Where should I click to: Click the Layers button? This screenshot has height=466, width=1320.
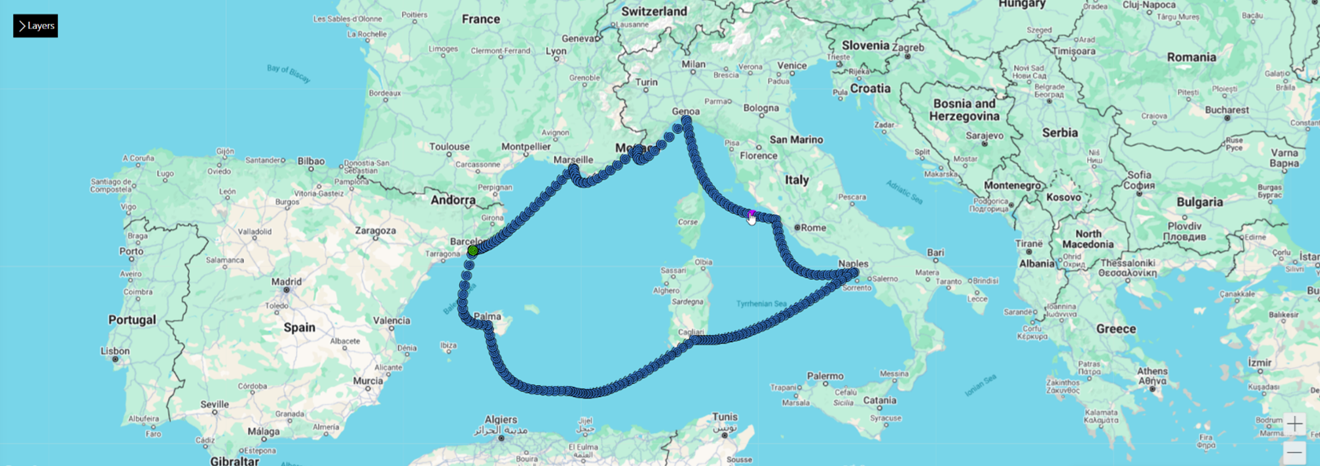tap(35, 26)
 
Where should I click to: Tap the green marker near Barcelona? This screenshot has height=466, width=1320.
tap(472, 250)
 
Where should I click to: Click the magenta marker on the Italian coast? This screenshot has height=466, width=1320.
tap(752, 213)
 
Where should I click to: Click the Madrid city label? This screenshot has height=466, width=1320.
tap(286, 281)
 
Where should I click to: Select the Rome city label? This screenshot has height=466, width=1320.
tap(813, 228)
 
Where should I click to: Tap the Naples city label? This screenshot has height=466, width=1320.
tap(853, 264)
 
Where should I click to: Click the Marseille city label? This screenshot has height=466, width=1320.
tap(573, 160)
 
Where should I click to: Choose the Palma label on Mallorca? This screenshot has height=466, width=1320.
tap(487, 317)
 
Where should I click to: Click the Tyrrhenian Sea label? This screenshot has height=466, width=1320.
tap(761, 304)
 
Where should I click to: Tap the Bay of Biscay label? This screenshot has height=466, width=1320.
tap(289, 74)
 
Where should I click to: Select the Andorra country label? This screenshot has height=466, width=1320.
tap(453, 200)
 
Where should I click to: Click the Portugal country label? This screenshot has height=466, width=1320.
tap(132, 320)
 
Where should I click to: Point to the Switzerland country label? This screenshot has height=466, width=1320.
tap(654, 12)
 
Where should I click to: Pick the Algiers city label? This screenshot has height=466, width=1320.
tap(501, 420)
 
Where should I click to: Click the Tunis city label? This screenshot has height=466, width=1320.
tap(725, 417)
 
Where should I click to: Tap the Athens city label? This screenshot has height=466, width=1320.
tap(1151, 371)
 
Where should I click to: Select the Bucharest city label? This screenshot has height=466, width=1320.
tap(1227, 110)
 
